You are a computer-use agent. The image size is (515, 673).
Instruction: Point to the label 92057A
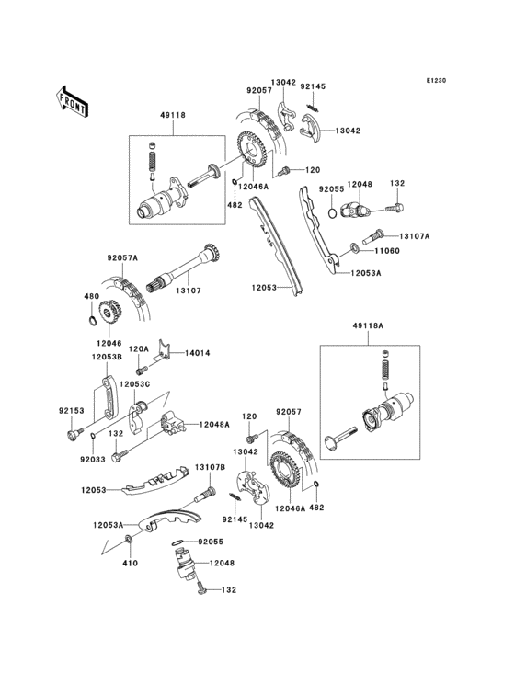(x=121, y=260)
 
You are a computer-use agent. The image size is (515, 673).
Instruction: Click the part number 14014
(x=200, y=352)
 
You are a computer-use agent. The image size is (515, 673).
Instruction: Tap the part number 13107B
(x=209, y=468)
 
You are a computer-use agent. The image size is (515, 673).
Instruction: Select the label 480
(x=91, y=296)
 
